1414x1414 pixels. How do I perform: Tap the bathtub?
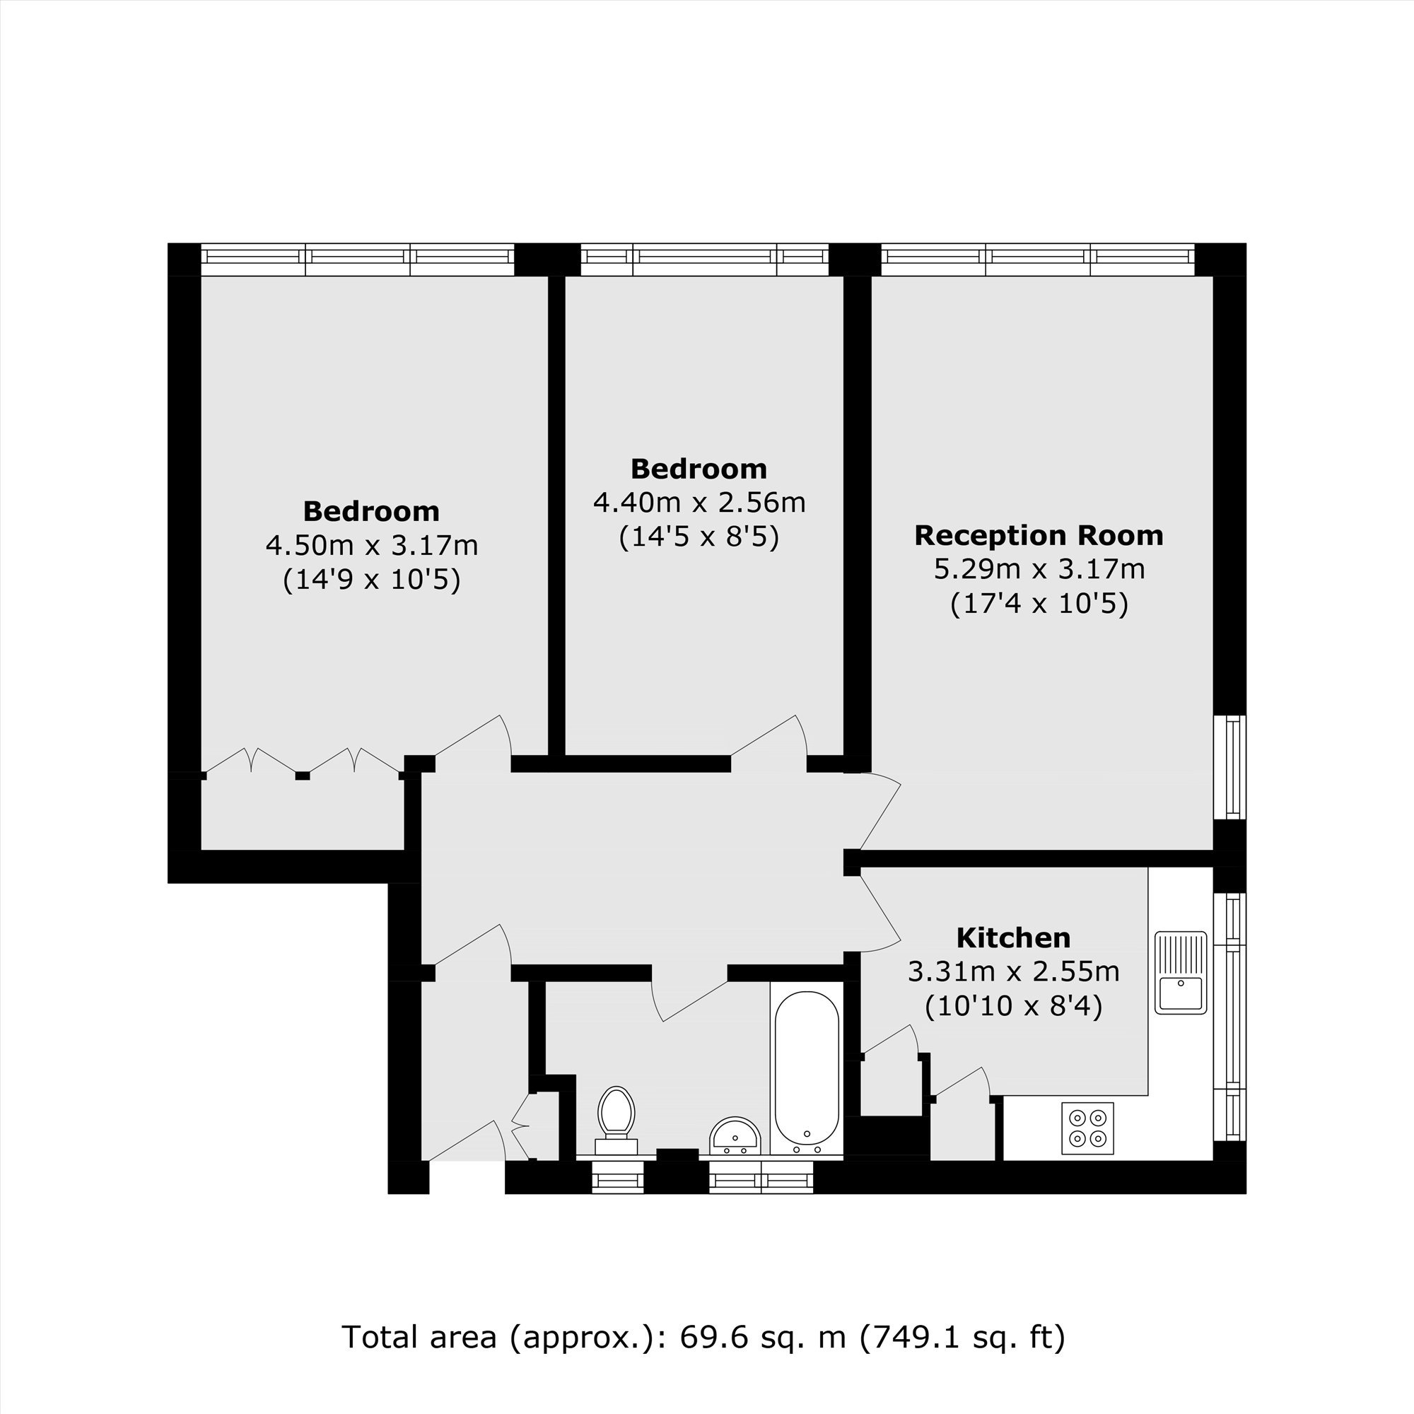807,1073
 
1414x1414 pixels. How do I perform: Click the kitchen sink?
1181,973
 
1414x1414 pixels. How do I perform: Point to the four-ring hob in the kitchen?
1087,1128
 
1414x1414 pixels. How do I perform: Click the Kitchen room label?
1014,937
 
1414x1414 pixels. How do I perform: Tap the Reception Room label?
1039,536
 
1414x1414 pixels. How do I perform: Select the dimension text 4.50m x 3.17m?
372,545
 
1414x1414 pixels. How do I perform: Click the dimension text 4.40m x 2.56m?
699,503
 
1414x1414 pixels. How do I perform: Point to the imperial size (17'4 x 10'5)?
1039,604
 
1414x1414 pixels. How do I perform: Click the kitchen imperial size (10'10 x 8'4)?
1014,1007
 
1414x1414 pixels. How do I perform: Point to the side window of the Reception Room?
1230,768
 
